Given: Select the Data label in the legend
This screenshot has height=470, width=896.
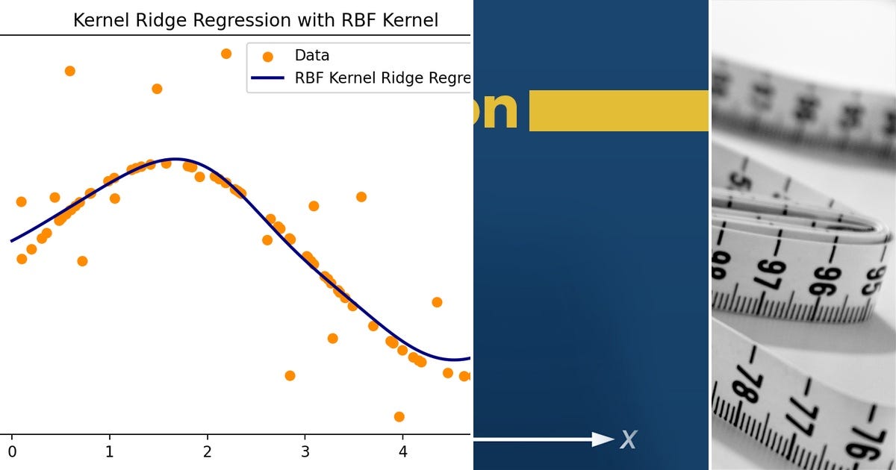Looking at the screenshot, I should [311, 55].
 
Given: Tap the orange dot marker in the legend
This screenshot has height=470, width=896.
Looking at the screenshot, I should [267, 56].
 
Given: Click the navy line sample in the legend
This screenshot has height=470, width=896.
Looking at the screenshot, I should [267, 78].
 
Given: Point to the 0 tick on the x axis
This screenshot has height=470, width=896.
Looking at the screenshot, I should [11, 451].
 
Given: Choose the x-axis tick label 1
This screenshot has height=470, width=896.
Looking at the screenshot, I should [109, 451].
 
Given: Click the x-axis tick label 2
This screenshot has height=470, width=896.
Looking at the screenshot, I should [207, 451].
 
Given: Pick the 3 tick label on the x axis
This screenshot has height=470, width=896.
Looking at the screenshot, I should [305, 451].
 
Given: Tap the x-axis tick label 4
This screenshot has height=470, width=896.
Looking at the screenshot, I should [402, 451].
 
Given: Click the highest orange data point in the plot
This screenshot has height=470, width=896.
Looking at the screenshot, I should [226, 54].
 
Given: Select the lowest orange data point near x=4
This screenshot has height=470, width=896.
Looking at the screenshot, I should [399, 416].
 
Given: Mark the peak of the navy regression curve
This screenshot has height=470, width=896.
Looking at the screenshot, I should [174, 159].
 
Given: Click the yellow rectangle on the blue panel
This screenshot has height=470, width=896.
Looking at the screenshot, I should [618, 110].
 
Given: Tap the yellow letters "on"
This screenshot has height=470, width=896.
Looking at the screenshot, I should [495, 110].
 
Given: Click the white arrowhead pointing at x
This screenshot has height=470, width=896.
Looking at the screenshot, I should [603, 439].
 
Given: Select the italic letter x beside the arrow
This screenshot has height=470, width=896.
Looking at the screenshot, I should [628, 439].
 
